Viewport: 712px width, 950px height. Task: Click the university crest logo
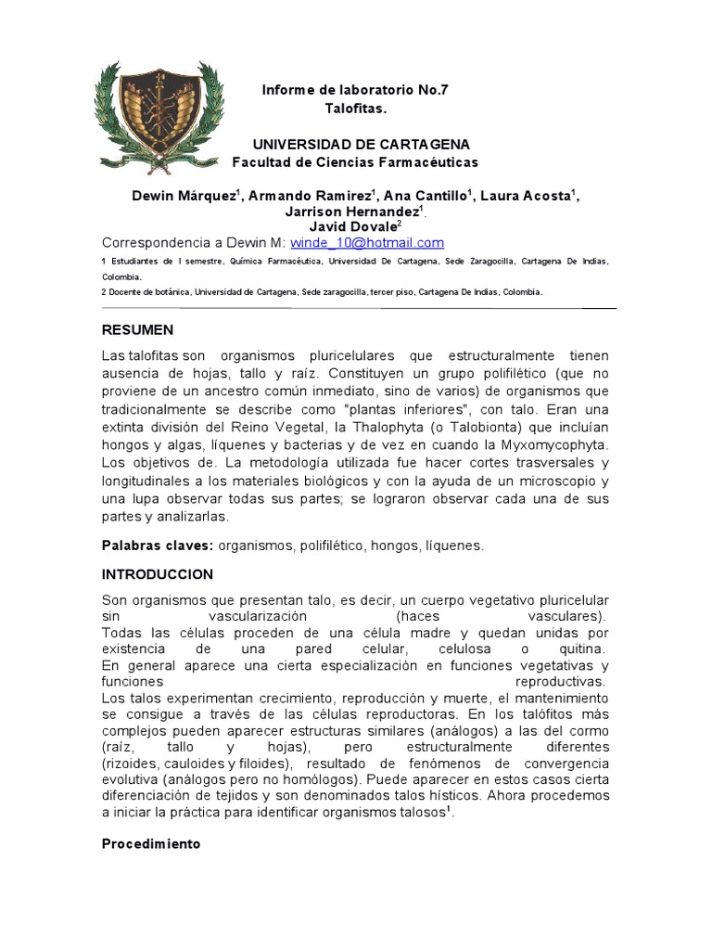(x=159, y=122)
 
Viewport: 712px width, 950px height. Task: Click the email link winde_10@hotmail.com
(x=367, y=243)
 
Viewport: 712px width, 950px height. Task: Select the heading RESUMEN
(x=137, y=329)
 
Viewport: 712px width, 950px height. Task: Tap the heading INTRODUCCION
(x=157, y=574)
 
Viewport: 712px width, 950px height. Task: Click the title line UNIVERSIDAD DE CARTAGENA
(x=362, y=145)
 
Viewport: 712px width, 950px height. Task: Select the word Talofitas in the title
(x=354, y=109)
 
